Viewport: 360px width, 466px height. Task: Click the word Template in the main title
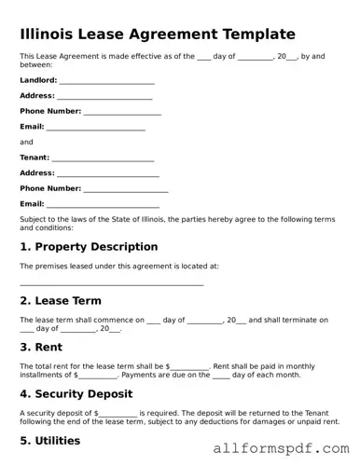(x=255, y=34)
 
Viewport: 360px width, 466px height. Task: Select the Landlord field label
(x=37, y=81)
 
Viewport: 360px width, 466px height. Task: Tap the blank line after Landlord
(x=106, y=82)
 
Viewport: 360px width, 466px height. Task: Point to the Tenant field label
(x=35, y=158)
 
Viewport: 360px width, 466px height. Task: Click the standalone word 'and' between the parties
(x=26, y=142)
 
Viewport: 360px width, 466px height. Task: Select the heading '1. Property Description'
(x=89, y=247)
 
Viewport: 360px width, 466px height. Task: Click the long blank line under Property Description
(x=112, y=284)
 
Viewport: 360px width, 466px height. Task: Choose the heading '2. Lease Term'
(x=61, y=300)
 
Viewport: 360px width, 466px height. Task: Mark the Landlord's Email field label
(x=32, y=127)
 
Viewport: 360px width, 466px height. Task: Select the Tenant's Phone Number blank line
(x=126, y=189)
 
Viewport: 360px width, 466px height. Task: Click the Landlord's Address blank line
(x=105, y=97)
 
